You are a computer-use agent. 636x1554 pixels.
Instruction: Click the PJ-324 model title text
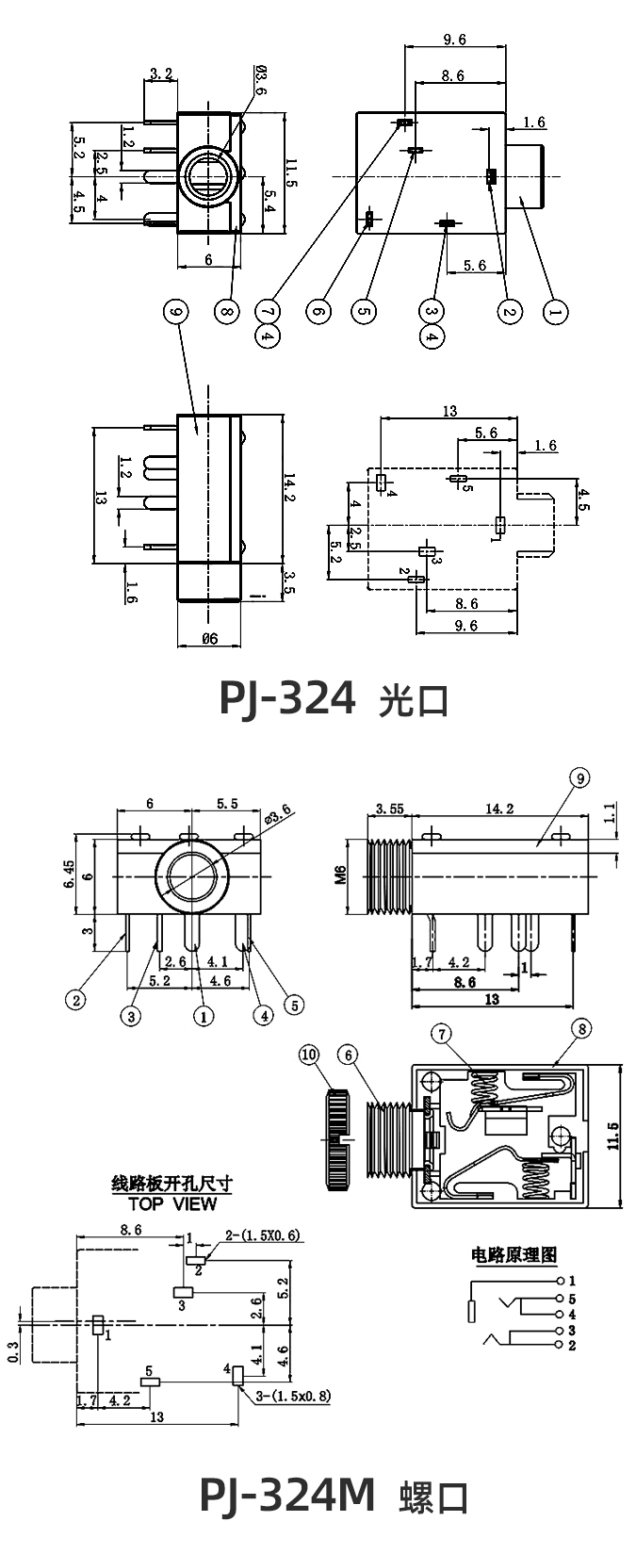[x=287, y=698]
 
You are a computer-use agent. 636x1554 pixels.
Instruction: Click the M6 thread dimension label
[x=340, y=876]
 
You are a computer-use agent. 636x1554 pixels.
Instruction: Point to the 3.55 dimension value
[x=389, y=808]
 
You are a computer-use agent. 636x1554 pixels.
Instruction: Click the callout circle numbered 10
[x=310, y=1055]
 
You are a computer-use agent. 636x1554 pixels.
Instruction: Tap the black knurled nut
[x=337, y=1139]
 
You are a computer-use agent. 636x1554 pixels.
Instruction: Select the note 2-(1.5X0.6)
[x=262, y=1235]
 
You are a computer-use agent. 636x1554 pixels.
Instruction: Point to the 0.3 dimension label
[x=13, y=1351]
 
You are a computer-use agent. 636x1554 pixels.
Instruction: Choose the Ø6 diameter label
[x=209, y=638]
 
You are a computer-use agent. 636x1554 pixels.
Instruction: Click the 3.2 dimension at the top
[x=161, y=73]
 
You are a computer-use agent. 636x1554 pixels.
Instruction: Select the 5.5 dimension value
[x=226, y=804]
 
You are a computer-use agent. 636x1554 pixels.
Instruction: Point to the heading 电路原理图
[x=514, y=1254]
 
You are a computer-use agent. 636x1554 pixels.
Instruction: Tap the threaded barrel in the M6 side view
[x=389, y=877]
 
